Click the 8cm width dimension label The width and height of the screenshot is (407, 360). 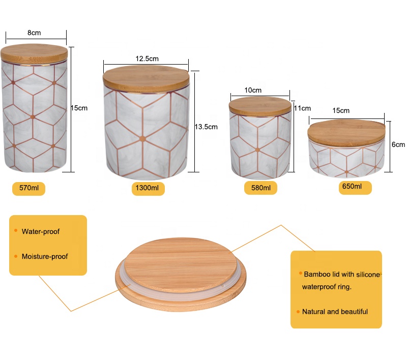click(x=34, y=33)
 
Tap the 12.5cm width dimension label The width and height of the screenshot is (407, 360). click(x=147, y=58)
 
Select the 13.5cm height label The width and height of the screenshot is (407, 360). click(x=206, y=127)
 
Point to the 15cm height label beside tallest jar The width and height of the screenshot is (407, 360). click(x=79, y=108)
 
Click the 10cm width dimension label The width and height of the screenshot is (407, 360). click(x=253, y=90)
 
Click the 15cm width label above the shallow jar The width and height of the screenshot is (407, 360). click(x=341, y=110)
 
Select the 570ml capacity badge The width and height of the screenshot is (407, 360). click(x=28, y=189)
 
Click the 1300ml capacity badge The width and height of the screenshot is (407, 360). click(x=148, y=189)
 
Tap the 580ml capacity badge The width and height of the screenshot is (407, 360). click(x=260, y=188)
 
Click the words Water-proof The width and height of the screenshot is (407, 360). click(x=40, y=231)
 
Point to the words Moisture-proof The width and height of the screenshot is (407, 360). click(x=44, y=256)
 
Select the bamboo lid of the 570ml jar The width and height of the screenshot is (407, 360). click(x=34, y=52)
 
